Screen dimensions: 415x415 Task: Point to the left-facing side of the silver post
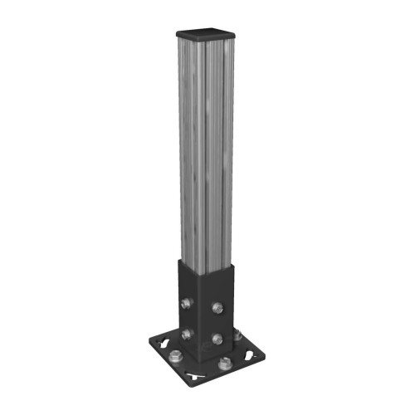pos(190,149)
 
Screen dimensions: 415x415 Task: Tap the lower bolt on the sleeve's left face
pos(187,335)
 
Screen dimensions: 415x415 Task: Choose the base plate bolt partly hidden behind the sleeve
pos(238,335)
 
